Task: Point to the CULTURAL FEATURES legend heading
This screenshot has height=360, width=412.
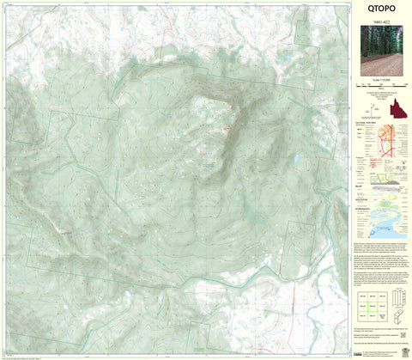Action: pos(367,123)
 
